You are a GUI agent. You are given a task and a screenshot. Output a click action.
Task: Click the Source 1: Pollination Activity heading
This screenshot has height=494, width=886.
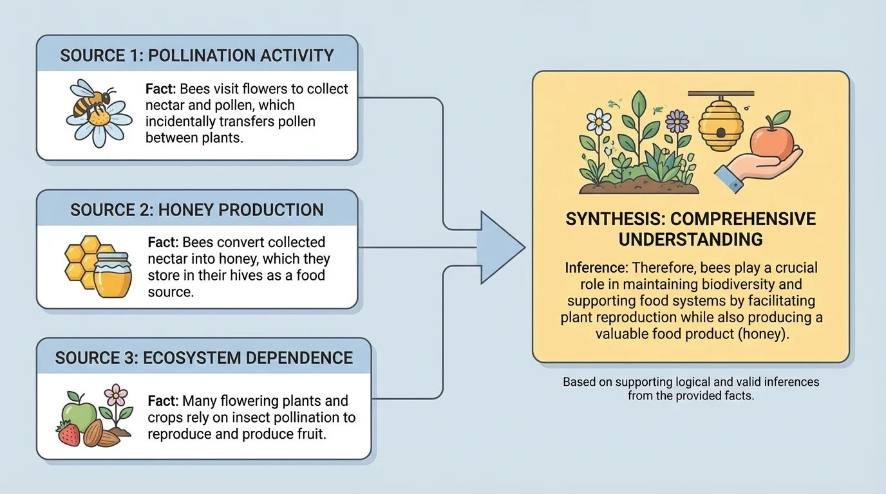click(197, 55)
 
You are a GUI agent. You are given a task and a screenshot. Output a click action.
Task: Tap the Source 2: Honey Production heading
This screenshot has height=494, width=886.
click(197, 210)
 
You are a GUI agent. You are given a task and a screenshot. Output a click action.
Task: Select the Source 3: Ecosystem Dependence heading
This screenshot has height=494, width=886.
click(203, 358)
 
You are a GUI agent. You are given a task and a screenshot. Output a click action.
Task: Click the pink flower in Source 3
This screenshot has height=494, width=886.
click(116, 394)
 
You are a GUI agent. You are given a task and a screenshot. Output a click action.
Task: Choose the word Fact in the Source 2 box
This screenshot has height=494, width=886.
click(163, 242)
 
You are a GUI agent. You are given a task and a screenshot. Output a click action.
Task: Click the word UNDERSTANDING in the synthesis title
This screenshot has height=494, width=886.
click(690, 239)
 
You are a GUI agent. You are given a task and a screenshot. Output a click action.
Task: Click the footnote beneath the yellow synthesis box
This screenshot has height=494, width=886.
click(690, 389)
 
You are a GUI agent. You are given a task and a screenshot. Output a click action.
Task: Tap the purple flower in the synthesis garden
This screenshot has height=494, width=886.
click(677, 120)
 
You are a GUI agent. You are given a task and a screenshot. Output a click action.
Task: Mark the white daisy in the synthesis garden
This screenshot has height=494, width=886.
click(599, 120)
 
